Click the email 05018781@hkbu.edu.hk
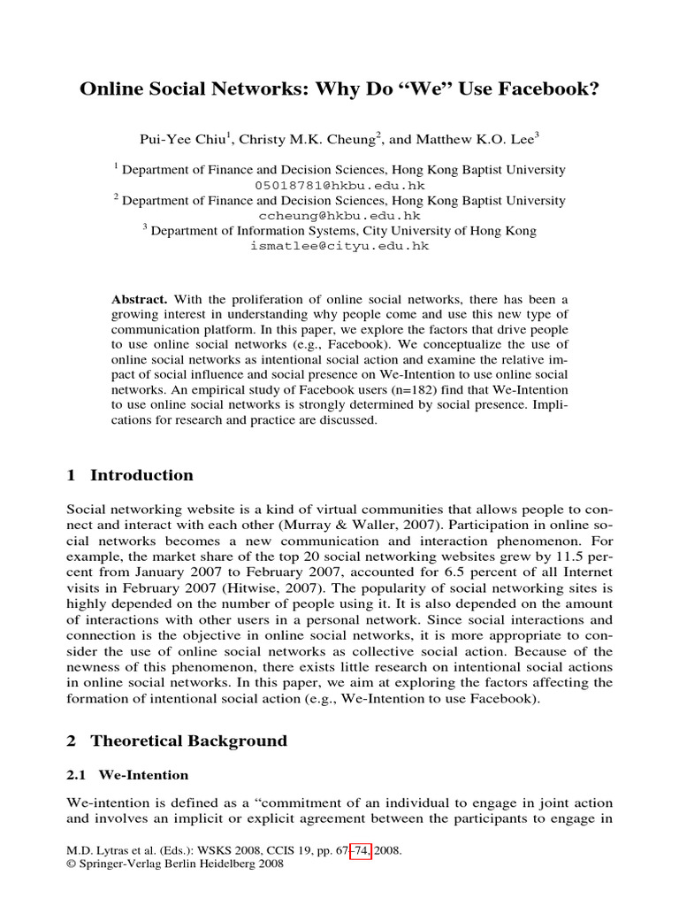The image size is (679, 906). tap(339, 186)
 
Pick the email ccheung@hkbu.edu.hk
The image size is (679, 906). tap(339, 216)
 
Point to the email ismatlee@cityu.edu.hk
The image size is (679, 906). tap(339, 247)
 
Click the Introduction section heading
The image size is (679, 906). tap(141, 475)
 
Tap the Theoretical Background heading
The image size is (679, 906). tap(188, 741)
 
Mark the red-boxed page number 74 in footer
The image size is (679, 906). tap(360, 851)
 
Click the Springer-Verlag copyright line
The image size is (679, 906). tap(175, 865)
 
